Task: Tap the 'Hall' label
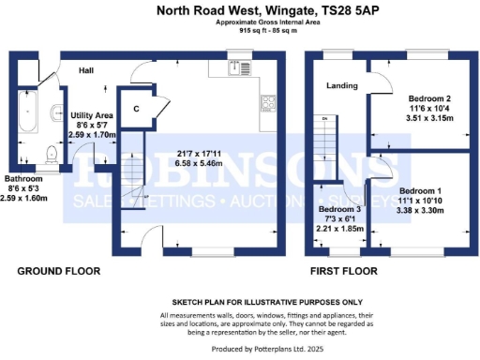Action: click(85, 71)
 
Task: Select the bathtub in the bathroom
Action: click(24, 118)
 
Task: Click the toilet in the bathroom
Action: click(55, 155)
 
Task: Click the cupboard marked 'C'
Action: click(137, 109)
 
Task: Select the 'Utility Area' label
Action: click(92, 115)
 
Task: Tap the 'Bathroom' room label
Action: click(23, 178)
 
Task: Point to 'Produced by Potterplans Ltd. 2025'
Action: click(239, 348)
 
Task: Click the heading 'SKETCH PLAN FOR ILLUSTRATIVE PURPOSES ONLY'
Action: click(239, 303)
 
